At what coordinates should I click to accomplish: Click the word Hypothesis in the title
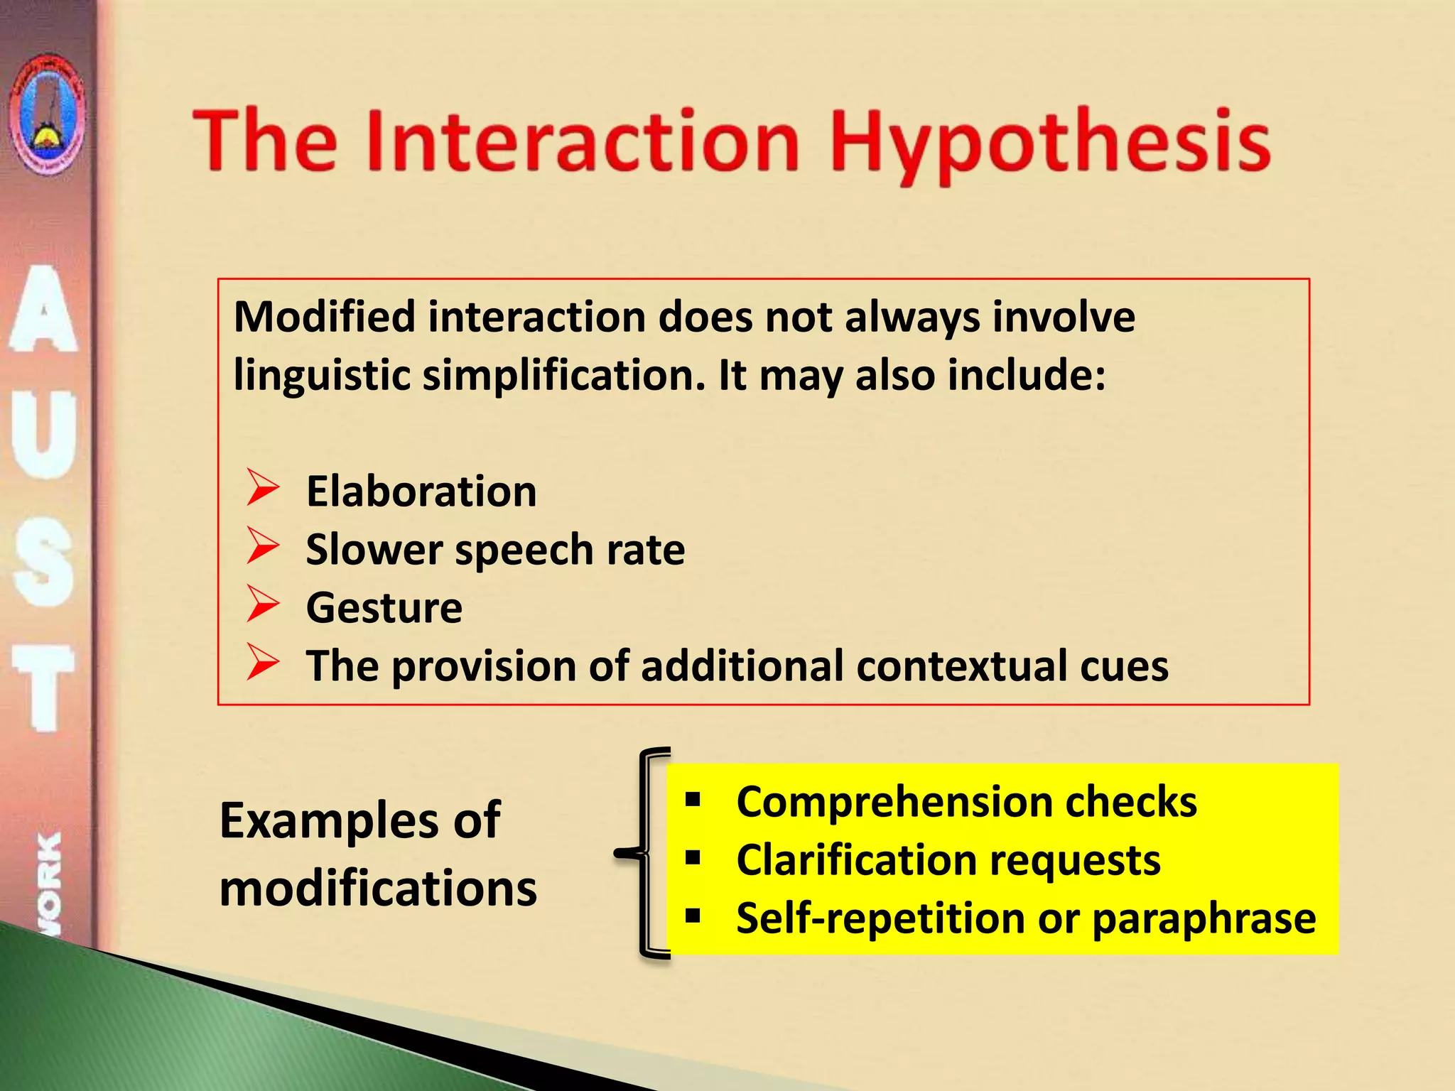pos(1050,142)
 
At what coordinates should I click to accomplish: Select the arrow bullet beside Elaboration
pos(263,489)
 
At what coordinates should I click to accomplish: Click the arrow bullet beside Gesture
pos(263,605)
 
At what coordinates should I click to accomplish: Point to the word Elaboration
pos(421,492)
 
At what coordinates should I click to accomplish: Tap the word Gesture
pos(384,608)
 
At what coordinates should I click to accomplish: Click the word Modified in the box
pos(324,317)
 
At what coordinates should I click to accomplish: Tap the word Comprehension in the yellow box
pos(894,803)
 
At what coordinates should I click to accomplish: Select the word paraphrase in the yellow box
pos(1204,919)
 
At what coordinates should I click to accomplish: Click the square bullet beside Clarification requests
pos(693,859)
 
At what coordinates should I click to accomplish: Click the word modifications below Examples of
pos(378,889)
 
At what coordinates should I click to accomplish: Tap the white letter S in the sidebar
pos(44,568)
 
